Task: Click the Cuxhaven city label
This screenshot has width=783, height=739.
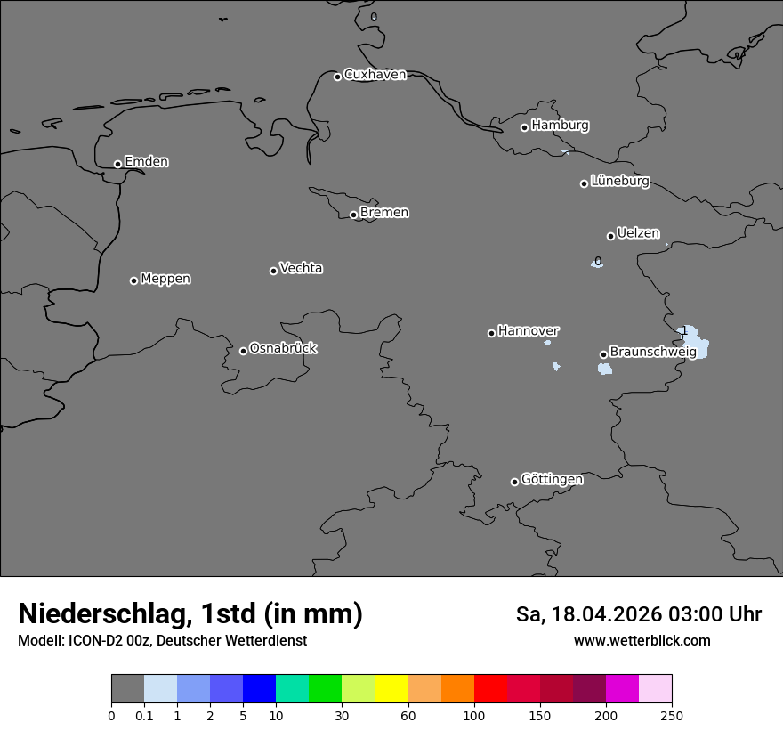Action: click(x=375, y=75)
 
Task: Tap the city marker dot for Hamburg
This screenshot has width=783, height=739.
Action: click(x=524, y=127)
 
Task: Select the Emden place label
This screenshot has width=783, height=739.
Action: click(x=146, y=162)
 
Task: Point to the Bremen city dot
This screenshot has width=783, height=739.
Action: click(x=353, y=215)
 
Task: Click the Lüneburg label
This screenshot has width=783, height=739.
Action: click(x=619, y=182)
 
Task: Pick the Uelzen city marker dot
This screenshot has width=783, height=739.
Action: click(x=610, y=236)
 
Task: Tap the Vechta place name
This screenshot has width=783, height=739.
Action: click(x=301, y=268)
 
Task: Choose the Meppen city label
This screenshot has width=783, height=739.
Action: click(x=165, y=279)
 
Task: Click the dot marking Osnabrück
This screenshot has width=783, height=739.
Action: click(x=243, y=351)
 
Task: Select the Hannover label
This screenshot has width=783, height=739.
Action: click(x=528, y=331)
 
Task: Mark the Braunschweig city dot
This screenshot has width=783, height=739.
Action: click(x=603, y=354)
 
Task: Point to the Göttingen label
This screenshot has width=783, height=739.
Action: click(x=552, y=480)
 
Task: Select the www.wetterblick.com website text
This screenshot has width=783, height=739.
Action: click(x=642, y=641)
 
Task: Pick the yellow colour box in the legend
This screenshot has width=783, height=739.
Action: click(x=391, y=689)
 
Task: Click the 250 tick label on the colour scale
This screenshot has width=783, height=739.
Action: click(x=672, y=715)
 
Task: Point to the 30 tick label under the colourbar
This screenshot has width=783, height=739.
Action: click(x=342, y=715)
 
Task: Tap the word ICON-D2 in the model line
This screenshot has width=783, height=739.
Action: click(x=96, y=641)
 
